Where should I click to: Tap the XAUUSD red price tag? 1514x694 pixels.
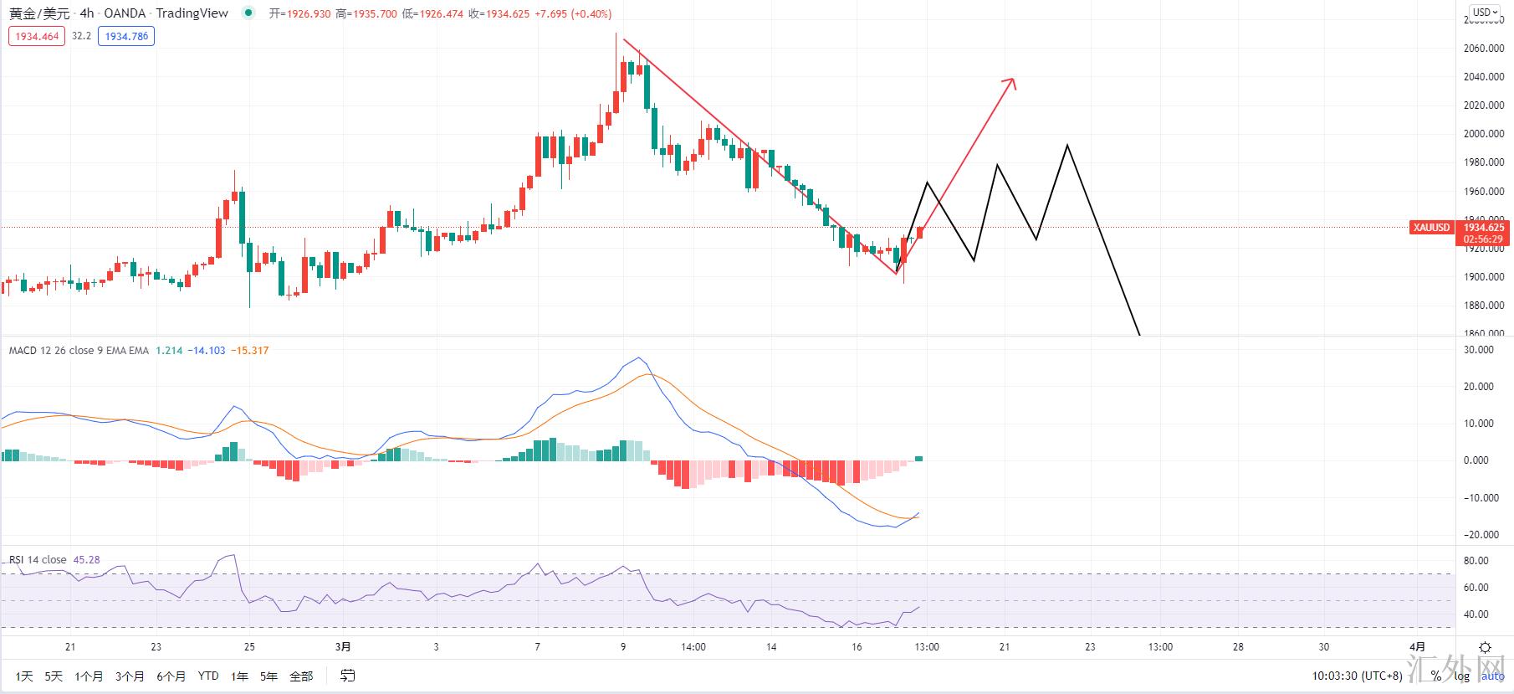[x=1431, y=228]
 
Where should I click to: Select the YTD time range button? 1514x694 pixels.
[x=208, y=676]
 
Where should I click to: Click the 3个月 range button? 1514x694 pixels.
[x=130, y=676]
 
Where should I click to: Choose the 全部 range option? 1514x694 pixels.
[x=301, y=676]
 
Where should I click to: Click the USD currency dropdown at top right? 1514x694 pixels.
[x=1484, y=13]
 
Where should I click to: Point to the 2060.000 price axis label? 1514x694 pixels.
[x=1484, y=49]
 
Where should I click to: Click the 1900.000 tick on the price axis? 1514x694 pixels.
[x=1484, y=277]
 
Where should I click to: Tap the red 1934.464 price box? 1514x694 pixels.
[x=37, y=36]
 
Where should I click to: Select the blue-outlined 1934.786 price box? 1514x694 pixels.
[x=126, y=36]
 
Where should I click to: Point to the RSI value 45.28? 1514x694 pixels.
[x=87, y=560]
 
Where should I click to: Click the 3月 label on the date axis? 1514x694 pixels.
[x=343, y=646]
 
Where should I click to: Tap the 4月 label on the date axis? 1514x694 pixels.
[x=1417, y=646]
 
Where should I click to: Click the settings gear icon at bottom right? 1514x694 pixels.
[x=1485, y=647]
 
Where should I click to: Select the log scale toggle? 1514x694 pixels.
[x=1461, y=676]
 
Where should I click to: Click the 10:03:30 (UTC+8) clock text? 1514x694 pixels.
[x=1356, y=676]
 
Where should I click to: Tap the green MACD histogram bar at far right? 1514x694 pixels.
[x=919, y=458]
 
